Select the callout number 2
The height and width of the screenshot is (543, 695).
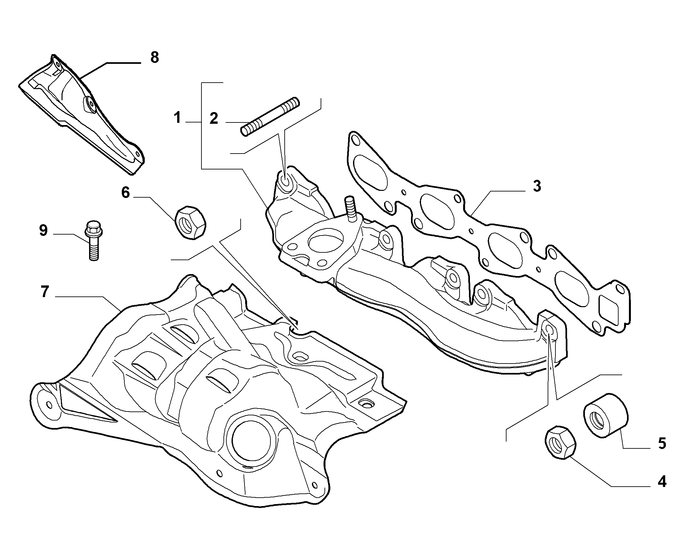point(214,119)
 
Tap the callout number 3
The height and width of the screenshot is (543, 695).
point(537,186)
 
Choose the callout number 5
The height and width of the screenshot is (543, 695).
point(662,444)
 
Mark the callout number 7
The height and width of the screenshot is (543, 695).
point(44,292)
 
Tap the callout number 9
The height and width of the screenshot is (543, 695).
point(43,231)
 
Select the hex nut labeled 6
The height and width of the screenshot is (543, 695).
point(190,223)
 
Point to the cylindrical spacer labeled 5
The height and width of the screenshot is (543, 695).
point(605,416)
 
